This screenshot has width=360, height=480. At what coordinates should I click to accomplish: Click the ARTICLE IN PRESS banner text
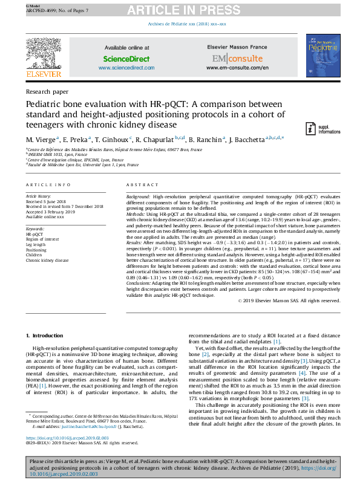click(180, 10)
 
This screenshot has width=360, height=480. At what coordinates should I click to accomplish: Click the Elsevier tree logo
click(44, 55)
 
